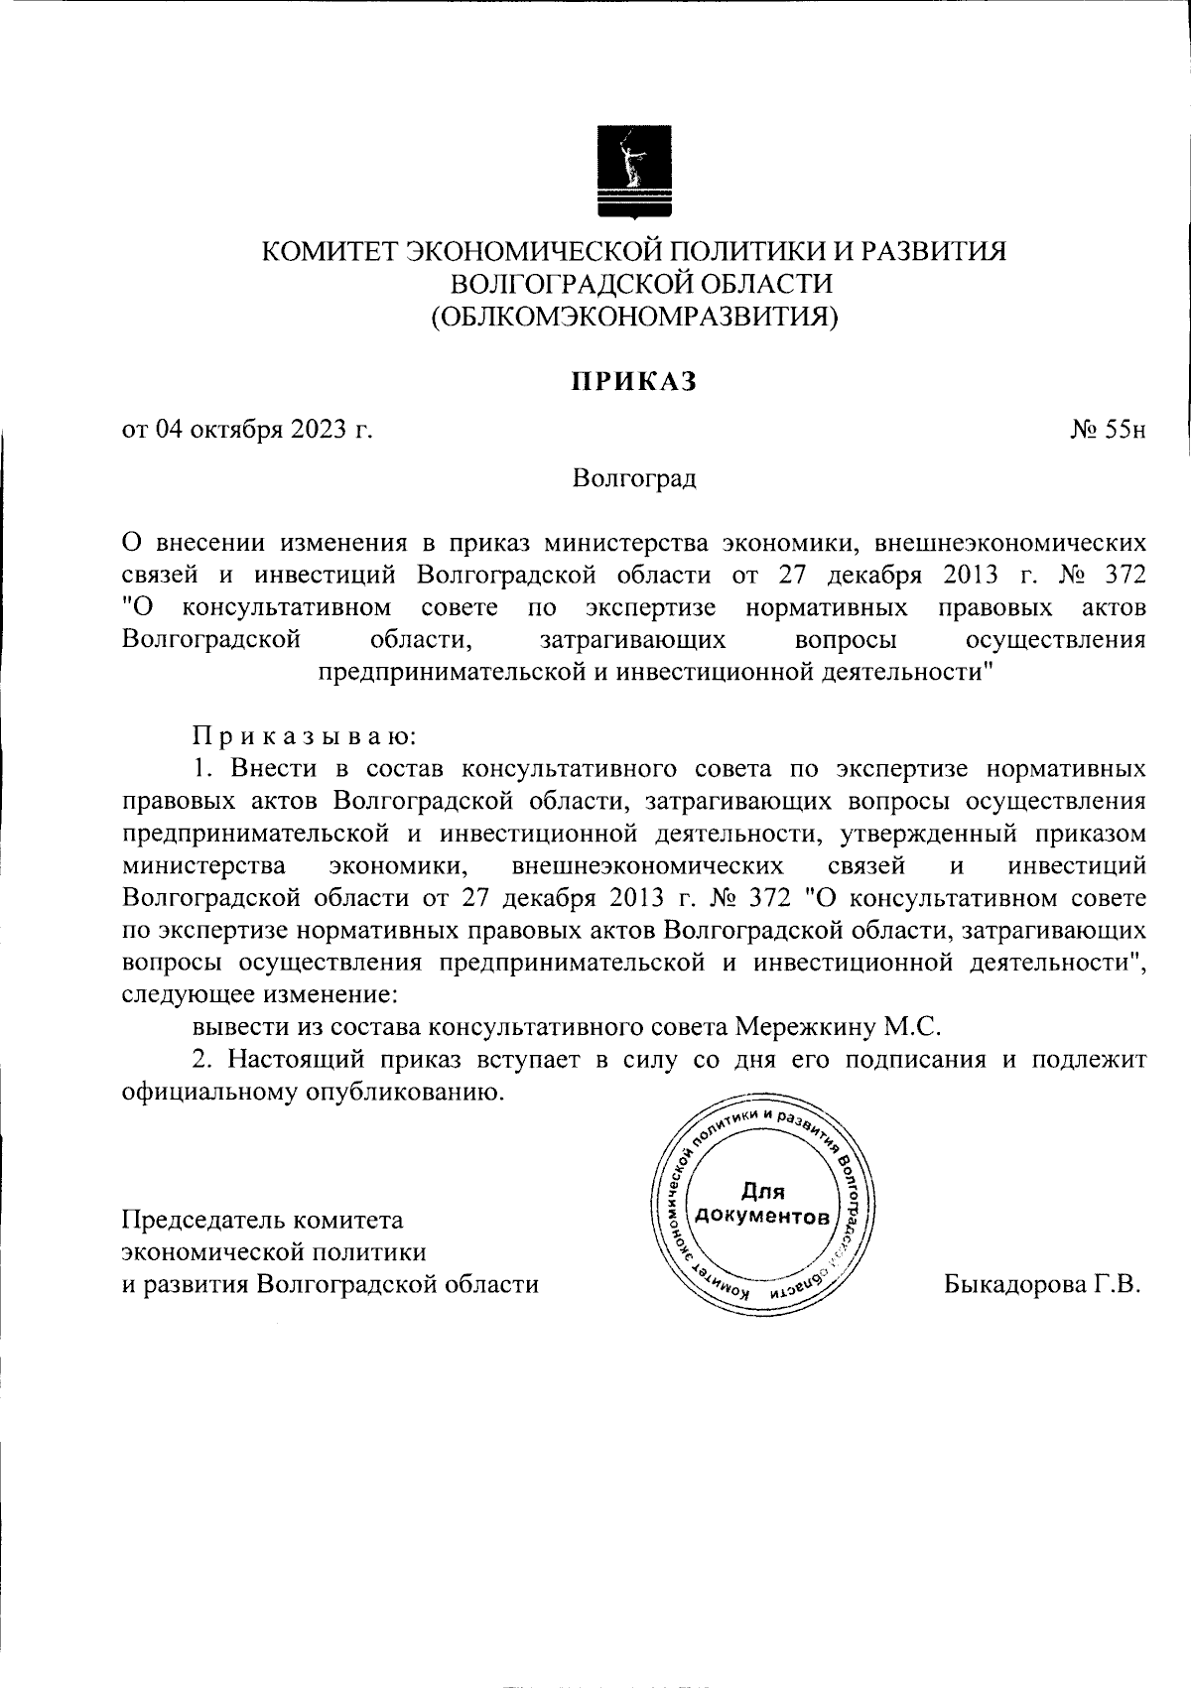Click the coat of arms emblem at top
633,171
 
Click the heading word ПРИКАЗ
633,382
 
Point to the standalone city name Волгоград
633,479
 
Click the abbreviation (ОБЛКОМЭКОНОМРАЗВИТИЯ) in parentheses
633,317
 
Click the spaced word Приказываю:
305,736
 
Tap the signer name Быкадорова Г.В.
1043,1284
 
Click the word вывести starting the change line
230,1026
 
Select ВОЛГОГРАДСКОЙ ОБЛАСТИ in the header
633,284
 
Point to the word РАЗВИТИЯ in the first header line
941,252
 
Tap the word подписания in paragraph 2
917,1059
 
